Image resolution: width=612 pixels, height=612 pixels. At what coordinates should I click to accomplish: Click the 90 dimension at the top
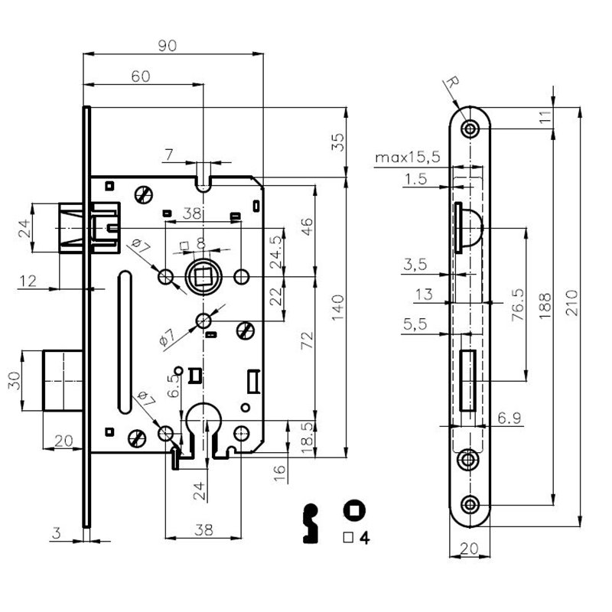(168, 46)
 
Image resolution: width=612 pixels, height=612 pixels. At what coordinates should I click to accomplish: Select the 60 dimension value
(141, 76)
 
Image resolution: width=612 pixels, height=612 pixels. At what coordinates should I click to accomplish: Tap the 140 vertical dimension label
(338, 308)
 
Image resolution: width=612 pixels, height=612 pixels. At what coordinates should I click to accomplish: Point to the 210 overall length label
(571, 303)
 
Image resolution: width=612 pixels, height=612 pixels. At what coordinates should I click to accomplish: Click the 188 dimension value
(545, 306)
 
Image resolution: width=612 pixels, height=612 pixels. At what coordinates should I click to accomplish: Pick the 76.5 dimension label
(518, 304)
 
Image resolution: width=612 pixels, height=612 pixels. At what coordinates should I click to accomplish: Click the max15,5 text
(408, 158)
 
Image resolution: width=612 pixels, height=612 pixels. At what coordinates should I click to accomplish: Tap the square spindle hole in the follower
(203, 276)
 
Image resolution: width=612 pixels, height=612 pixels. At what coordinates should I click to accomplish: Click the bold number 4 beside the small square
(364, 538)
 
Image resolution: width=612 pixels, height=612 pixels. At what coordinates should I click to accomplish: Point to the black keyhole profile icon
(311, 523)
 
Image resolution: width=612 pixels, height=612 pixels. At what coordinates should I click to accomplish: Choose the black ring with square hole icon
(354, 510)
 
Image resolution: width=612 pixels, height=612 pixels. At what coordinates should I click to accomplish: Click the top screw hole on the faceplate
(470, 128)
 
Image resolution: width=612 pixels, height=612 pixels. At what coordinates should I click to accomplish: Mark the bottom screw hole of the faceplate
(470, 505)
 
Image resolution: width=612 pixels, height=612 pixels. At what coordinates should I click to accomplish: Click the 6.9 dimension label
(509, 418)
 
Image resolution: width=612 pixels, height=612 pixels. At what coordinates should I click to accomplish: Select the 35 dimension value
(338, 142)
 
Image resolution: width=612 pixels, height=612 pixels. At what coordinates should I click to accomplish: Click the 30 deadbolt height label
(15, 380)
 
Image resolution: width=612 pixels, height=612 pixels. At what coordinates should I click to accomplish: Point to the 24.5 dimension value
(276, 252)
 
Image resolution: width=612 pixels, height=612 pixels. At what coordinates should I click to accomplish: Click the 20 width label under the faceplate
(469, 549)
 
